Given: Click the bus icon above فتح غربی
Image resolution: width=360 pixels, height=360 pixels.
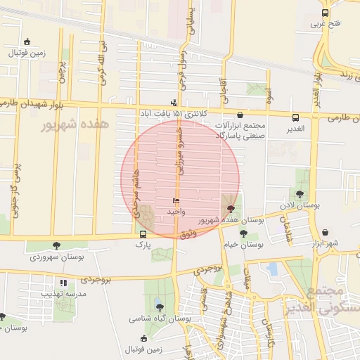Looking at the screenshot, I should coord(325,13).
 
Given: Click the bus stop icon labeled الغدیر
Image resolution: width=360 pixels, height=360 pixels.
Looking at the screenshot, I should coord(295,117).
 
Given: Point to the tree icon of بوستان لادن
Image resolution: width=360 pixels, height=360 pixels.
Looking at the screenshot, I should coord(300,194).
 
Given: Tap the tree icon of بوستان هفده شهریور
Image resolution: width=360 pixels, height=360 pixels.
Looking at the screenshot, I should coord(231,209).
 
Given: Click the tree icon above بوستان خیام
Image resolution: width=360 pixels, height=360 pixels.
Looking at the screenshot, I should coord(243,233).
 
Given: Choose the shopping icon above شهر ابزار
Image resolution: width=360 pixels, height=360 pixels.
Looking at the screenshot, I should coord(325,232).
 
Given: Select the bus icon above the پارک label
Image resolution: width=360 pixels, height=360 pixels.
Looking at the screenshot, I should coord(143,234).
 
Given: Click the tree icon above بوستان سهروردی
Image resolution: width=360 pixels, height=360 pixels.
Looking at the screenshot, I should coord(56,245).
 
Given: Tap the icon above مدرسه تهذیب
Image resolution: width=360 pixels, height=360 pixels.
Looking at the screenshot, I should coord(63,283).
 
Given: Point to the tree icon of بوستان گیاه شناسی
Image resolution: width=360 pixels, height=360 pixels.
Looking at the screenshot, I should coord(160,307).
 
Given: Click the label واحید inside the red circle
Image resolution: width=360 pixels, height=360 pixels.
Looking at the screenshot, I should coord(175,211).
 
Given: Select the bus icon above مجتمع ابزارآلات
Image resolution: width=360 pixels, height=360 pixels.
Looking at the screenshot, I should coord(240,115).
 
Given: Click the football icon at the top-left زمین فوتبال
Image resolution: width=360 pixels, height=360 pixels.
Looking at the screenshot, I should coord(27,41).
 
